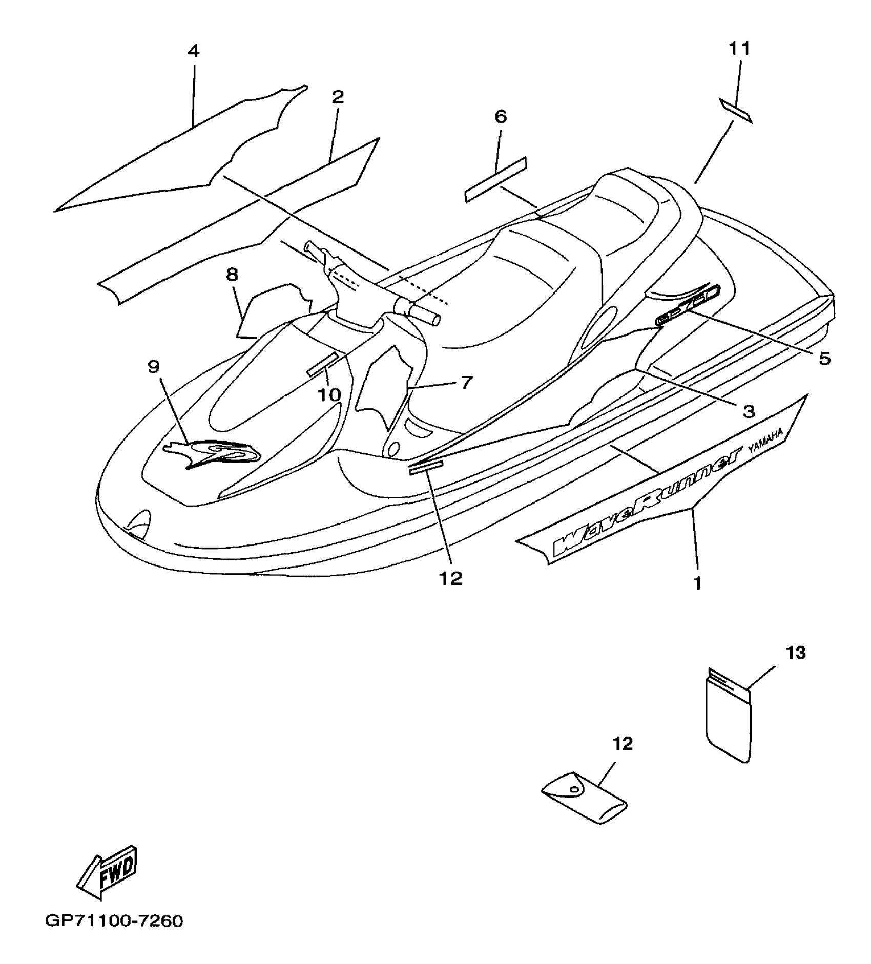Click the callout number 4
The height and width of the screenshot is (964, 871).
coord(193,51)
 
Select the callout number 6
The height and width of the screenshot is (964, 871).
coord(500,117)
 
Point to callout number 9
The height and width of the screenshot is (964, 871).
coord(153,367)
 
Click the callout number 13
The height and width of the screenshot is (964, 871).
coord(796,653)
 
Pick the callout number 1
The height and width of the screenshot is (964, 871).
coord(697,582)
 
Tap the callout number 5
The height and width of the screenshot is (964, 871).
coord(824,359)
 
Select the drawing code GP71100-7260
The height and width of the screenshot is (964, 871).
coord(114,921)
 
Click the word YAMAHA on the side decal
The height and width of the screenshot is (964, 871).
coord(765,442)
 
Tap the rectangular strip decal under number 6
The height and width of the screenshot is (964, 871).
coord(496,179)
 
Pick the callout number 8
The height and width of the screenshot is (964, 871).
coord(232,275)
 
